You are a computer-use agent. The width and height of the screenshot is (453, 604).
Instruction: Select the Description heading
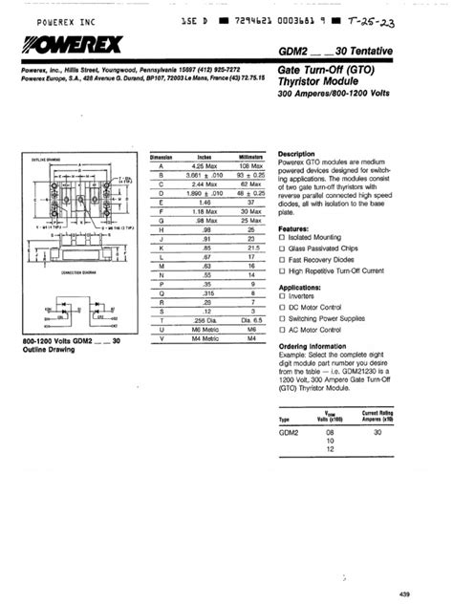(x=297, y=154)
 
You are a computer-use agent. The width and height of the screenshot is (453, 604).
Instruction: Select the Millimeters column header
(x=250, y=157)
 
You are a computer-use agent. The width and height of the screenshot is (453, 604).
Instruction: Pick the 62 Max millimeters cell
(x=250, y=182)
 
